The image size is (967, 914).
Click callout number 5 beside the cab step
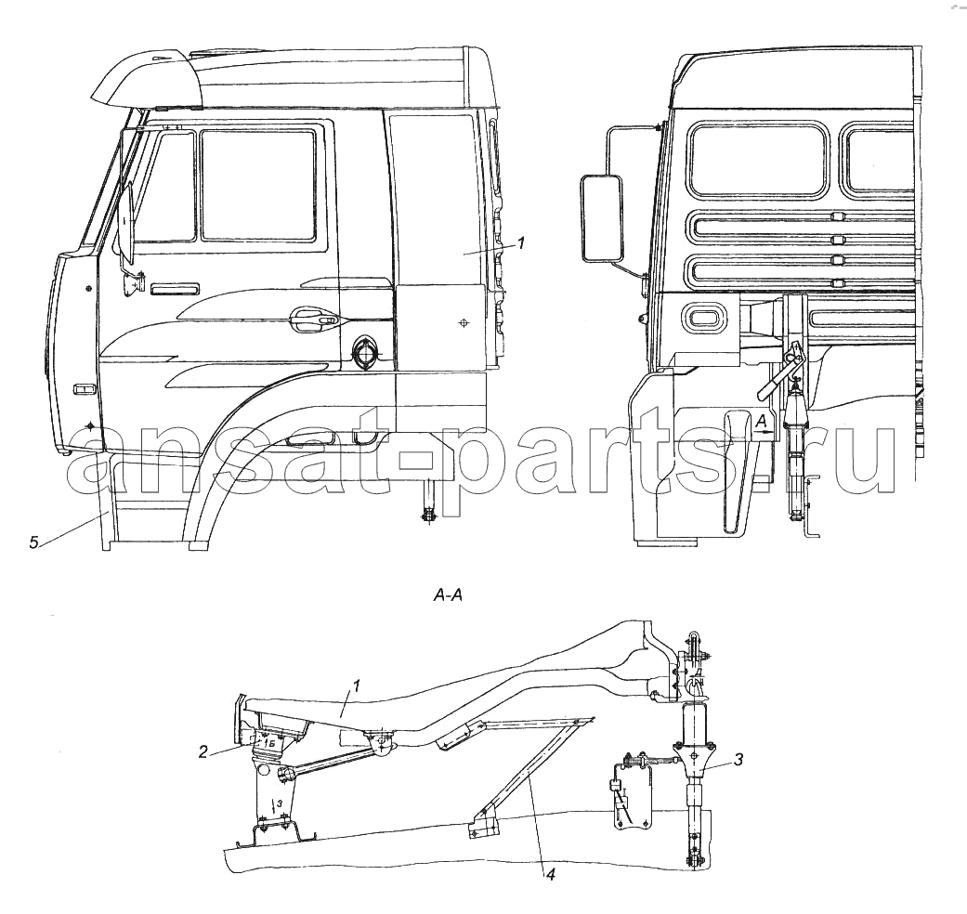tap(34, 542)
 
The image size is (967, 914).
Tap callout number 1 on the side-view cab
tap(520, 243)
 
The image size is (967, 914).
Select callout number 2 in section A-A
tap(203, 751)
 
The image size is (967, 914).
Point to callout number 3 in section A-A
tap(738, 760)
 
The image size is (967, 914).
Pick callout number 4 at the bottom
tap(550, 875)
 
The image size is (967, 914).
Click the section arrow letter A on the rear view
tap(762, 422)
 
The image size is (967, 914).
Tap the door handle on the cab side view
tap(314, 317)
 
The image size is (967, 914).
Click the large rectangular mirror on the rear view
tap(601, 217)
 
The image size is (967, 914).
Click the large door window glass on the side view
tap(258, 185)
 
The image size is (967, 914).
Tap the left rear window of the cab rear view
tap(760, 159)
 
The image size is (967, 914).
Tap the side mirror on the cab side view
tap(125, 222)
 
